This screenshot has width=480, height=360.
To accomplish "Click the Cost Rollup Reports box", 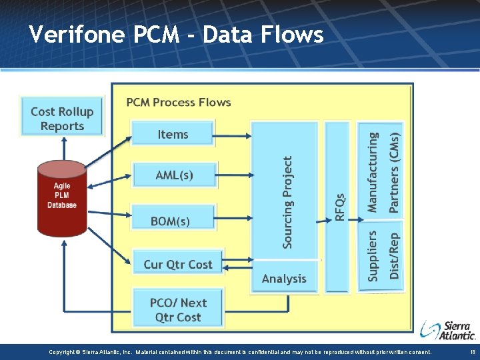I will [x=62, y=118].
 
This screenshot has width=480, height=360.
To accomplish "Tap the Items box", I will [x=173, y=134].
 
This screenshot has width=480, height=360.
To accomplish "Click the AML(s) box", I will [x=174, y=175].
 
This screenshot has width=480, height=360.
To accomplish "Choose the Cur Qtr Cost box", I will [x=177, y=264].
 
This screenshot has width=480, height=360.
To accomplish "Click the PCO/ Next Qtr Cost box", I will [x=177, y=310].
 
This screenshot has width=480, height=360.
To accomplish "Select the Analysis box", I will [x=284, y=279].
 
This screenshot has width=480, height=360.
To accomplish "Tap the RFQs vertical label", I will [x=339, y=207].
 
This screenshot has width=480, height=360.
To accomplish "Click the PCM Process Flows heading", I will [x=179, y=102].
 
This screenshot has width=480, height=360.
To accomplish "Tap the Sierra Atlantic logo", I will [x=448, y=329].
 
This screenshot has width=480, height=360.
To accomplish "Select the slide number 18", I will [x=472, y=352].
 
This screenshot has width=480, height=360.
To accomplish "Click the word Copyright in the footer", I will [x=64, y=352].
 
